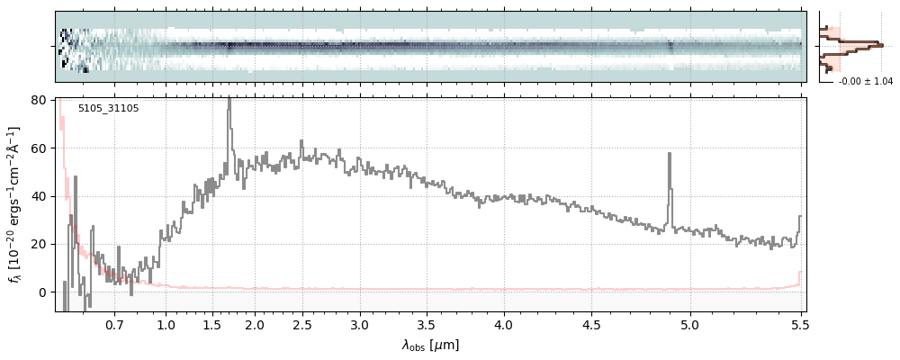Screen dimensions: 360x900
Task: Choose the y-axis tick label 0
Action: (43, 292)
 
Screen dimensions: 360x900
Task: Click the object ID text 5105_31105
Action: (108, 109)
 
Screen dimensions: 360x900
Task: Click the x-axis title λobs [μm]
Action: (430, 345)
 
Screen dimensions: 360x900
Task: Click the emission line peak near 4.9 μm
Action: (670, 154)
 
